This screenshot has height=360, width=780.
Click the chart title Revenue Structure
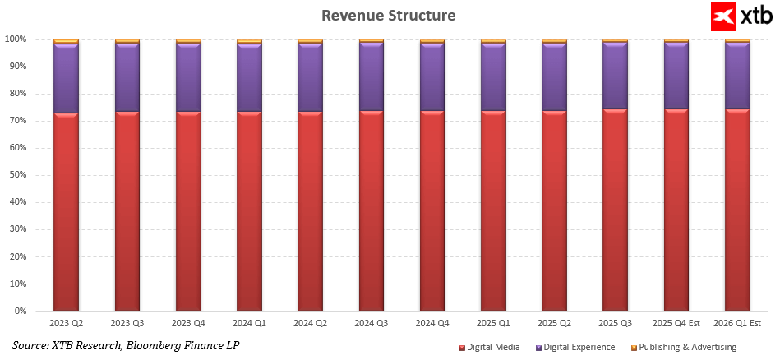click(388, 16)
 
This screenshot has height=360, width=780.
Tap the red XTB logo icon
click(723, 16)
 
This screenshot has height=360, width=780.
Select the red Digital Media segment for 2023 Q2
click(66, 212)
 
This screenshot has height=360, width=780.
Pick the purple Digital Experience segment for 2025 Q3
click(615, 76)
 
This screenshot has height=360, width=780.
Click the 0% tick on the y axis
click(21, 312)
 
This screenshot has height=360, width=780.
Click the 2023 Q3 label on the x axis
click(127, 325)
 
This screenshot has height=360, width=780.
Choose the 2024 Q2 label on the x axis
click(310, 325)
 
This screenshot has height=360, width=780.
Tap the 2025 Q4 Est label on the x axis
click(676, 325)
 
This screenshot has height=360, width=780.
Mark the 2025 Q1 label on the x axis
click(493, 325)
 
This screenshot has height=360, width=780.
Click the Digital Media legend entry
click(493, 348)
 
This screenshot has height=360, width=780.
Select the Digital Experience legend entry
click(580, 348)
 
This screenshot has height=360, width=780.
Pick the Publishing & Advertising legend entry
click(687, 348)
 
